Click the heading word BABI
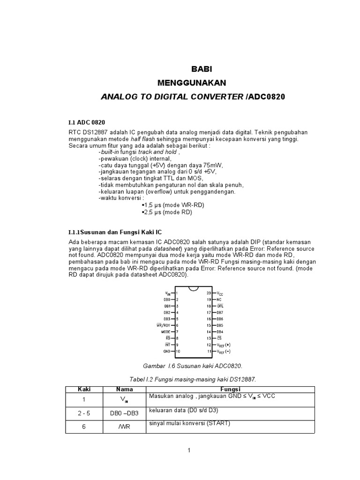tap(202, 69)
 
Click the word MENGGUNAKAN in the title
tap(192, 83)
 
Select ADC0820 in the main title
tap(267, 97)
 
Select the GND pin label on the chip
tap(167, 351)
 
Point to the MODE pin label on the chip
tap(165, 331)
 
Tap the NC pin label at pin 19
tap(219, 299)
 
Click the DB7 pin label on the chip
tap(220, 312)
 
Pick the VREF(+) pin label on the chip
tap(224, 345)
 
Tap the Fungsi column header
tap(230, 389)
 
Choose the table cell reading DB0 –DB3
tap(124, 413)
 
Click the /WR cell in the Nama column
tap(124, 427)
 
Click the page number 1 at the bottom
tap(189, 451)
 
